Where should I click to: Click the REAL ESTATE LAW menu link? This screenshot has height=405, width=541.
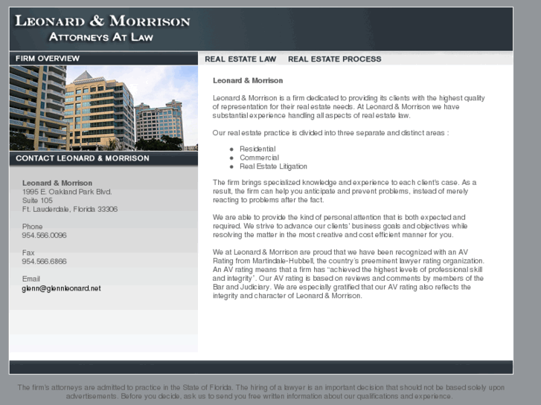(240, 59)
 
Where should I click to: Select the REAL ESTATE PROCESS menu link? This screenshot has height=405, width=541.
(334, 59)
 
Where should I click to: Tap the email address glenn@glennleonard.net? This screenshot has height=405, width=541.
(61, 288)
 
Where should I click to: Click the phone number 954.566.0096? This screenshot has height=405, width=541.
(44, 236)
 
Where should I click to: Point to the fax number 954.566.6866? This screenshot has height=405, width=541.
(44, 262)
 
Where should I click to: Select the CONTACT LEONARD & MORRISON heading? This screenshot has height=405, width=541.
(82, 158)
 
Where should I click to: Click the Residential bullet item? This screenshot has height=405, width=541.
(257, 149)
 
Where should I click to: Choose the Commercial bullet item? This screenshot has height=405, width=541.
(259, 158)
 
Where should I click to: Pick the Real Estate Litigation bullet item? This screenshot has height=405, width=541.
(273, 166)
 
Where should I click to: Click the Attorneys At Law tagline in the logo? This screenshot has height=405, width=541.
(100, 36)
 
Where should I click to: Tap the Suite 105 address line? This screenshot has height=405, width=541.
(37, 201)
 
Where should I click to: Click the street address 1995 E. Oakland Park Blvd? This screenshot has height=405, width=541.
(67, 192)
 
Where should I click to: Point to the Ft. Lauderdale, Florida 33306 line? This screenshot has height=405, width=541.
(70, 210)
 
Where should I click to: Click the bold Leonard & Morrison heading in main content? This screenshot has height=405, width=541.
(248, 80)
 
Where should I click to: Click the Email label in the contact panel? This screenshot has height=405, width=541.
(31, 279)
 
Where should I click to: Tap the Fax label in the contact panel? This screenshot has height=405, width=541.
(28, 253)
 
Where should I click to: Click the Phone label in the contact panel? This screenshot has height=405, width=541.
(33, 227)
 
